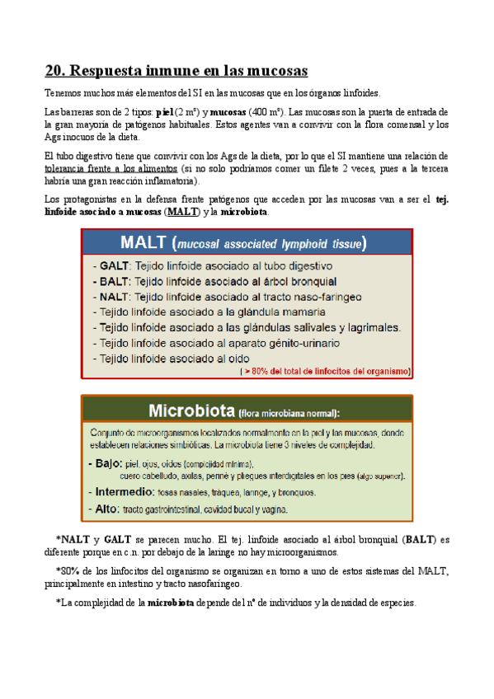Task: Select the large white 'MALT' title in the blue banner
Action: coord(145,243)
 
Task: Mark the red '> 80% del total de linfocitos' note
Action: coord(325,372)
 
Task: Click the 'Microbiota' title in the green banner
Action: coord(191,410)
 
